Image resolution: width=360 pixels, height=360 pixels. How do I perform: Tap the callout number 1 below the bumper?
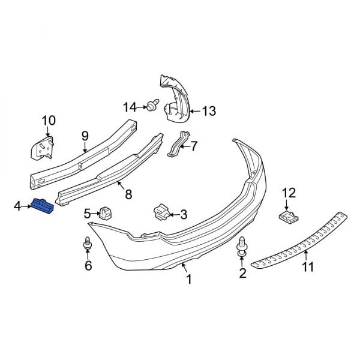(x=188, y=279)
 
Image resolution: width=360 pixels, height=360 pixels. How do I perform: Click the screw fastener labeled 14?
(x=152, y=107)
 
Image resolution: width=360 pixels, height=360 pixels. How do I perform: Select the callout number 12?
(x=289, y=193)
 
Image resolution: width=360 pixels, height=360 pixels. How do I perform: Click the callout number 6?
(x=88, y=266)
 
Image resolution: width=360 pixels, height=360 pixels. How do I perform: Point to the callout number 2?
(x=243, y=274)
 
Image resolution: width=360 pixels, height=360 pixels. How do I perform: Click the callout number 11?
(x=307, y=267)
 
